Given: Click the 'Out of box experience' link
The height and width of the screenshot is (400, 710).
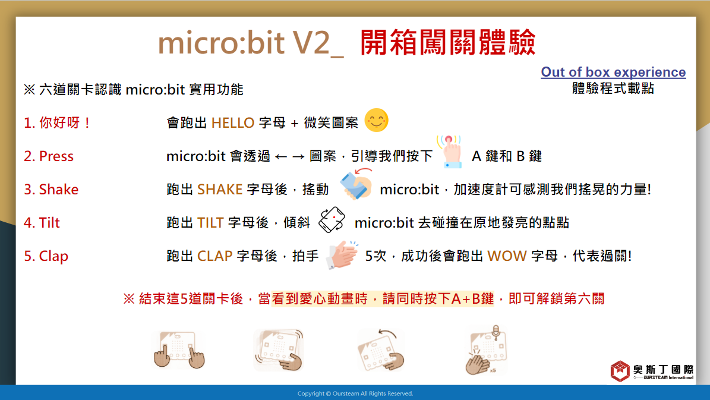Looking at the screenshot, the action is coord(613,72).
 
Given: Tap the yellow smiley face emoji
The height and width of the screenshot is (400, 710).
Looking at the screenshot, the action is coord(376,121).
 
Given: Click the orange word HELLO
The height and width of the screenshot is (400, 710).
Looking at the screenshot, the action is coord(233,123).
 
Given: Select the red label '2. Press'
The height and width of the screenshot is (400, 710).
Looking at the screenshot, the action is coord(49,156).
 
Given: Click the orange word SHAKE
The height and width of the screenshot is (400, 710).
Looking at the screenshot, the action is coord(220,190).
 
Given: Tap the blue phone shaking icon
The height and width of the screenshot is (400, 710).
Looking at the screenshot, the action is coord(356,184).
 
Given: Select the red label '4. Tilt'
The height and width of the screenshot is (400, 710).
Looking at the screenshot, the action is coord(42,223).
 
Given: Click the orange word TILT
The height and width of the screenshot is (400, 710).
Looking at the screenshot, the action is coord(210,223).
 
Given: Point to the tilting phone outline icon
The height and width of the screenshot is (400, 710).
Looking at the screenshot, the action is coord(332,220).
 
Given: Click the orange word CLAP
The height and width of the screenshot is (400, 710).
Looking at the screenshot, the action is coord(214,256).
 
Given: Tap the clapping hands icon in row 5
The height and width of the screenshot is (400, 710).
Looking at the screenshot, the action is coord(342,255).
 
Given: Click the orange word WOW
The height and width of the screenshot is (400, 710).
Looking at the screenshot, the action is coord(507,256).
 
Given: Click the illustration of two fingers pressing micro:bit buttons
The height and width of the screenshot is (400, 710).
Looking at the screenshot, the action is coord(178,349).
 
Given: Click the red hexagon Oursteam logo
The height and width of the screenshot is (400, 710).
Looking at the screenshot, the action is coord(620,371).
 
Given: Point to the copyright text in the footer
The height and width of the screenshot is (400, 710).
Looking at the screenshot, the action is coord(355,393).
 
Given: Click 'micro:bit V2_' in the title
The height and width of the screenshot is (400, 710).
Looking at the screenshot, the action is coord(250,43).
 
